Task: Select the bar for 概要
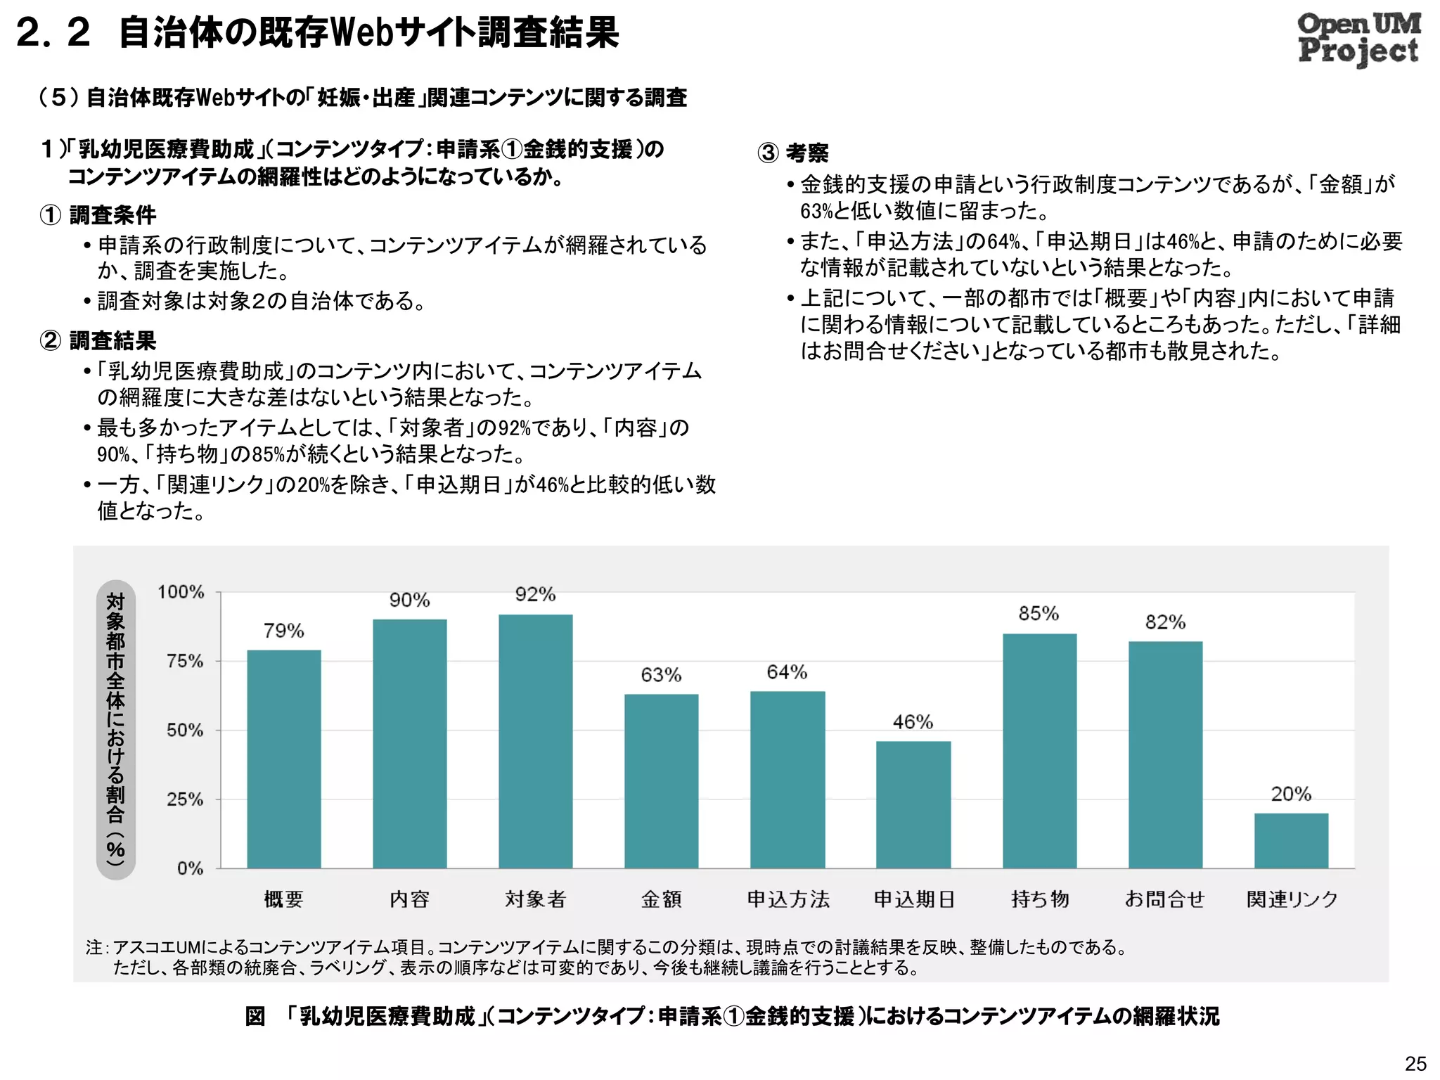click(283, 759)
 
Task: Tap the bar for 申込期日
click(913, 805)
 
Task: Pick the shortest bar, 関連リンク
click(1291, 841)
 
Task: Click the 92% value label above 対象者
click(535, 595)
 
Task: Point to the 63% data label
click(661, 675)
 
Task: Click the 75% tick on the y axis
click(185, 661)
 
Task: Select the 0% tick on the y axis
click(190, 868)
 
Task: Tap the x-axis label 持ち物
click(1040, 899)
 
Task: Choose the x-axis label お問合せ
click(1165, 899)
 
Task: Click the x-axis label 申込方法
click(787, 899)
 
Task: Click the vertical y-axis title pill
click(115, 730)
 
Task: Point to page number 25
click(1415, 1063)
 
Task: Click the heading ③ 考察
click(793, 153)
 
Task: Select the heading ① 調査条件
click(98, 215)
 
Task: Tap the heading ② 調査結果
click(98, 341)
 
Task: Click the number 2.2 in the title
click(53, 33)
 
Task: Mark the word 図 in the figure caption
click(255, 1017)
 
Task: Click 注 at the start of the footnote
click(94, 948)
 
